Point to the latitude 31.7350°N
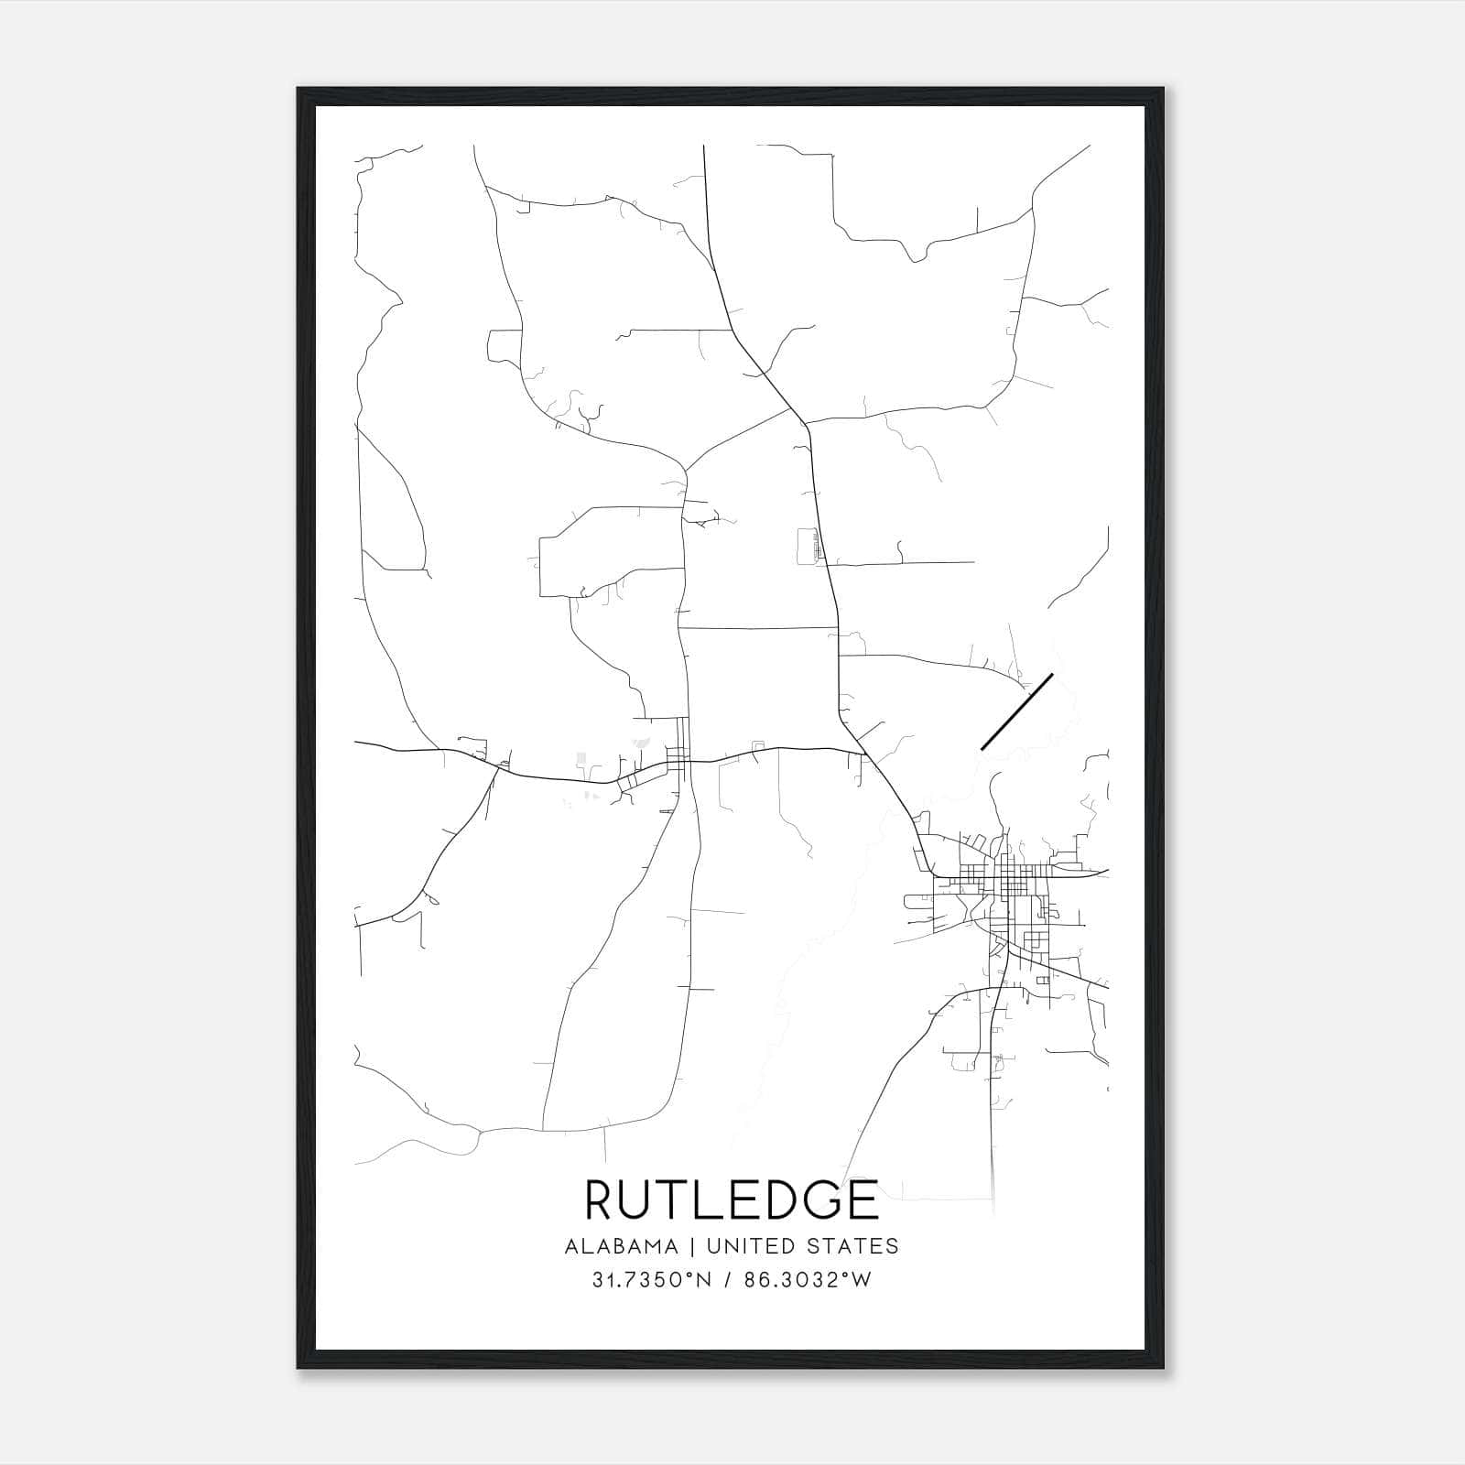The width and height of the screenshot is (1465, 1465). (652, 1280)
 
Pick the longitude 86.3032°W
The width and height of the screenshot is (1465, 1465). (807, 1280)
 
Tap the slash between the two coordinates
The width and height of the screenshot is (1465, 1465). (728, 1280)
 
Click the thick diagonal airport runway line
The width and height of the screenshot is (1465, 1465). (1016, 712)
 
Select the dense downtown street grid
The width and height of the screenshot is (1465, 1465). (1007, 884)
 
